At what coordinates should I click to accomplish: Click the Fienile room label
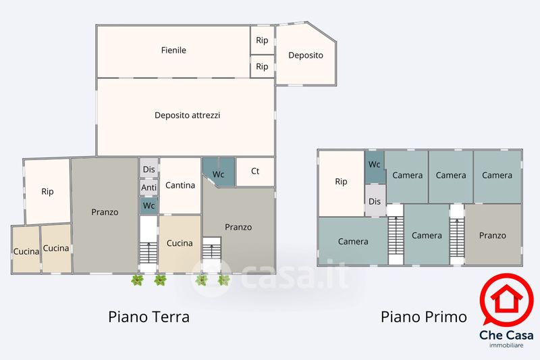pos(173,50)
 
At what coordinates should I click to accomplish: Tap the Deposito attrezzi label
pos(188,115)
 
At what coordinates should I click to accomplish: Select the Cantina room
pos(180,186)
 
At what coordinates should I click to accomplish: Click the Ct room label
pos(255,171)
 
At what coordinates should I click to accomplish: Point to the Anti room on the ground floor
pos(148,187)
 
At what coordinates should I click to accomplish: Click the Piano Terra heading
pos(148,317)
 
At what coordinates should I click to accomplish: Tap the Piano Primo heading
pos(424,317)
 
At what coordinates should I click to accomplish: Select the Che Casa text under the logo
pos(506,335)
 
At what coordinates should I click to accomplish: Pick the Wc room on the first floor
pos(375,167)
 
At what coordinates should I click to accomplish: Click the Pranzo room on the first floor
pos(493,234)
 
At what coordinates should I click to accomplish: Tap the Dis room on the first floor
pos(375,201)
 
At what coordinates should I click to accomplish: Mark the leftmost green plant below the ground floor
pos(138,280)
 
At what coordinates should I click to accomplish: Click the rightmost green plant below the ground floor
pos(224,280)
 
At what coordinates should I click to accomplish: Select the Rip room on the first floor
pos(342,184)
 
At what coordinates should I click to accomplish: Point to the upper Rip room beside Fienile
pos(262,40)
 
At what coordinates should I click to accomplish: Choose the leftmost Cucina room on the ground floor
pos(26,249)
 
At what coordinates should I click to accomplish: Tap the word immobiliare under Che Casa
pos(506,346)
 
